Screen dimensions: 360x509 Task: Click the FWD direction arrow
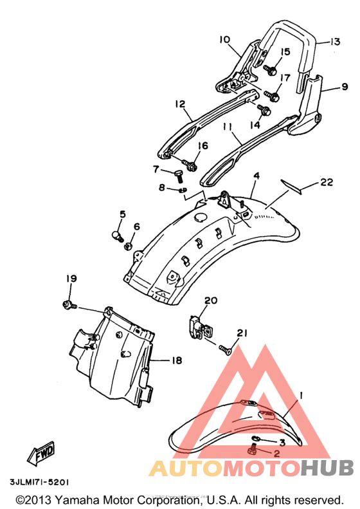41,452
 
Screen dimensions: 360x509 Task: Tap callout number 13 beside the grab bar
335,42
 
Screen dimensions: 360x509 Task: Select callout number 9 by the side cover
344,87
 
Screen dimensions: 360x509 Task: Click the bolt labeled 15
270,69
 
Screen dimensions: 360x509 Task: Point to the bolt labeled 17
272,95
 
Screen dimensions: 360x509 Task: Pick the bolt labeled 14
264,110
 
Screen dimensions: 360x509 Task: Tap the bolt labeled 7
178,176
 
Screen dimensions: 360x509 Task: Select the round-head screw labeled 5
118,236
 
